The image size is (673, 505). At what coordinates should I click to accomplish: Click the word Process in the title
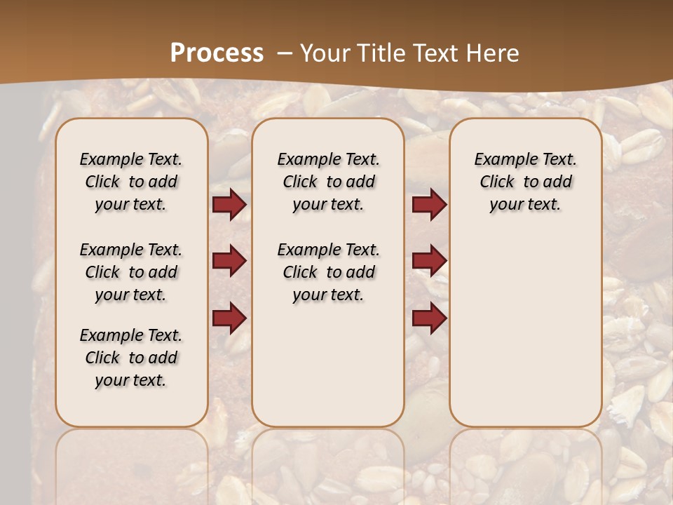(x=217, y=53)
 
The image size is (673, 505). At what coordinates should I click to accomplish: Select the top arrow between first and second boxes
(x=229, y=205)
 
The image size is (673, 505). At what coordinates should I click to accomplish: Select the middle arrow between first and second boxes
(x=229, y=262)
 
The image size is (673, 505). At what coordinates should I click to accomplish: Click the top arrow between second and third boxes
(x=429, y=205)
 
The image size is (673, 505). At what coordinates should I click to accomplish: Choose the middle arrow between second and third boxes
(x=429, y=262)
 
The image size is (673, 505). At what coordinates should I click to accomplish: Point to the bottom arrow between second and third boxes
(x=429, y=319)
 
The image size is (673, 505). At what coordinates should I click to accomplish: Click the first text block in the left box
(x=131, y=182)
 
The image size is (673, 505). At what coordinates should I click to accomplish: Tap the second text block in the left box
(x=131, y=272)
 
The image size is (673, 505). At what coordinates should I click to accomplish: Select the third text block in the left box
(x=131, y=358)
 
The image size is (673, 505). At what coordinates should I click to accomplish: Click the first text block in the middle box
(x=329, y=182)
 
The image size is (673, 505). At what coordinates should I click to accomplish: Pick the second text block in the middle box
(x=329, y=272)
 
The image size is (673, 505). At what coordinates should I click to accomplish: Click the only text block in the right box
(x=526, y=182)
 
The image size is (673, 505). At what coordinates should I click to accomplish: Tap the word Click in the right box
(x=497, y=182)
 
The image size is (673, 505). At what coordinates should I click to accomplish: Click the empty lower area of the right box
(x=526, y=330)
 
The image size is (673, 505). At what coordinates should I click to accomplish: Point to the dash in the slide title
(x=284, y=53)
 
